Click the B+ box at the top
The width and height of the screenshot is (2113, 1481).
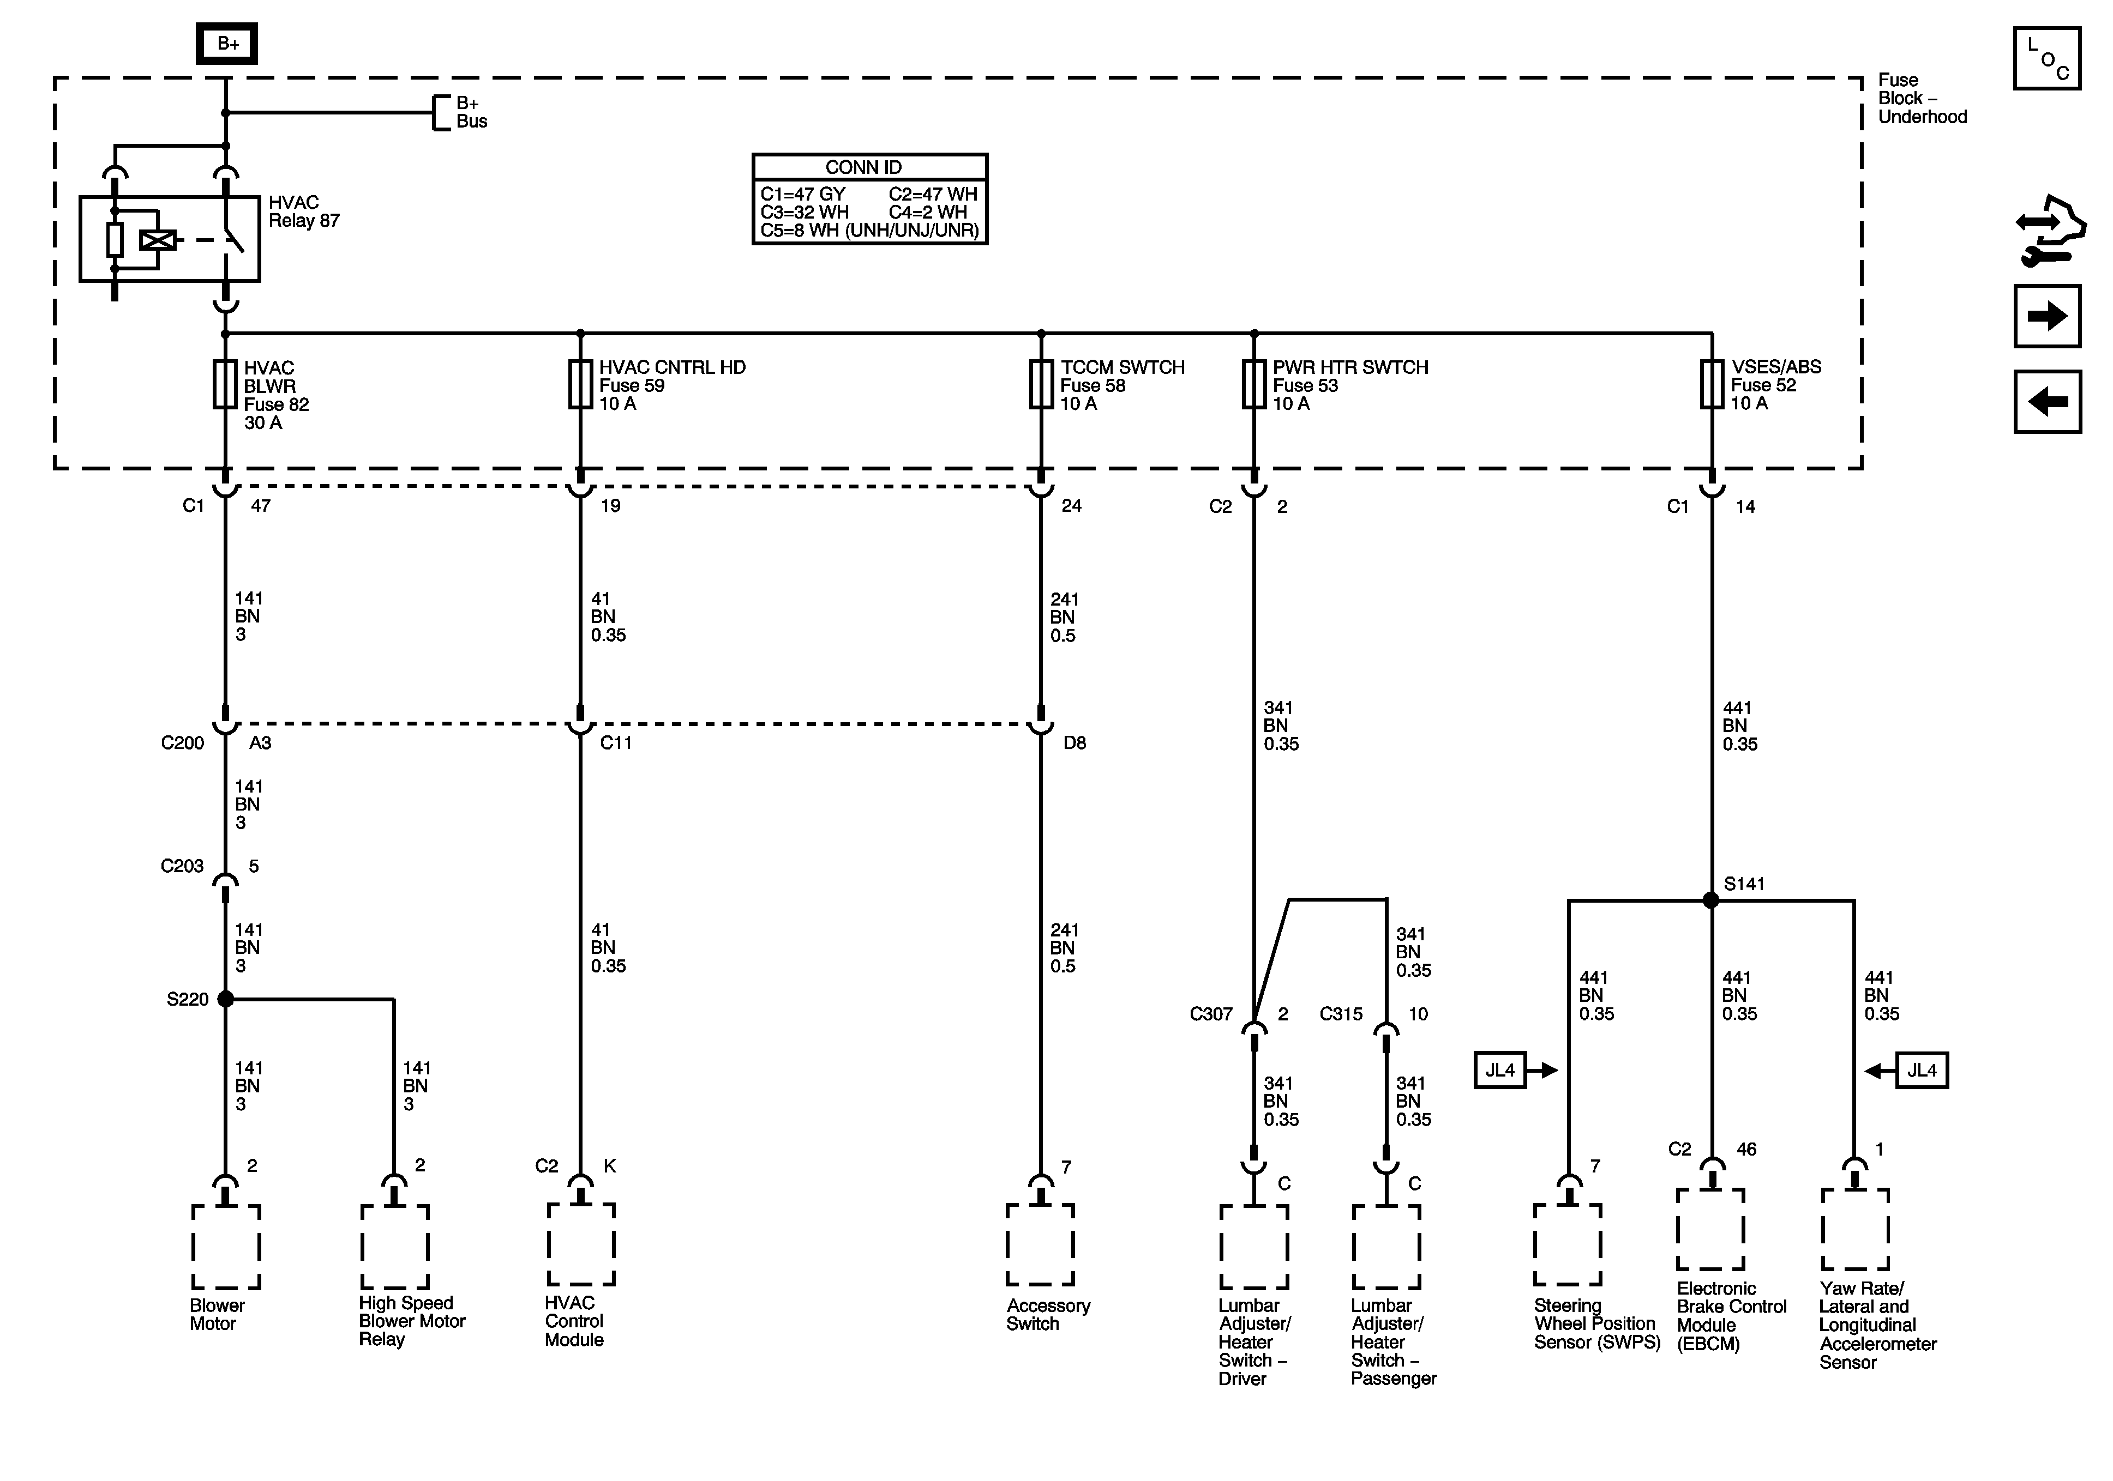(x=227, y=43)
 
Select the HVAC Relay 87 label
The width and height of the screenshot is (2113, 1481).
(x=304, y=211)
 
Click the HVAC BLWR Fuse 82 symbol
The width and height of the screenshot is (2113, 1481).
(x=225, y=384)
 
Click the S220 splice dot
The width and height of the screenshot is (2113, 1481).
(x=225, y=999)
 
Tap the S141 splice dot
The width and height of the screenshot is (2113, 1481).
(x=1711, y=900)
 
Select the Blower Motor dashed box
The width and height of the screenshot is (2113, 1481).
(x=226, y=1247)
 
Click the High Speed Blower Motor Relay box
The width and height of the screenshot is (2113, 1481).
(x=395, y=1247)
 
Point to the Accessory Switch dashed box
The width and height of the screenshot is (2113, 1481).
(x=1040, y=1244)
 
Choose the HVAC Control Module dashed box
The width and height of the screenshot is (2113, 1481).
(x=581, y=1244)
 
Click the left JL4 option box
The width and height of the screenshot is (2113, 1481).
(x=1499, y=1070)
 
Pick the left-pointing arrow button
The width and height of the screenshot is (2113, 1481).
(x=2047, y=402)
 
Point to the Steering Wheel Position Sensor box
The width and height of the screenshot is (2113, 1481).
(x=1568, y=1244)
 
